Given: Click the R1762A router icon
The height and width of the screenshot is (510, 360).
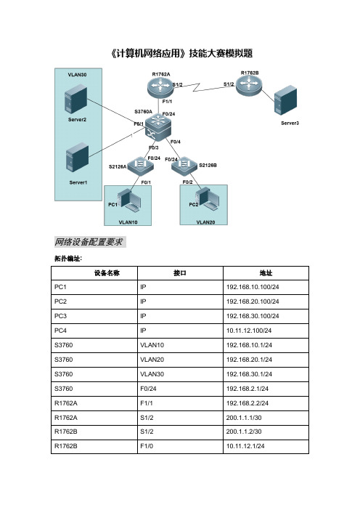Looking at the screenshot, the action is pyautogui.click(x=159, y=87).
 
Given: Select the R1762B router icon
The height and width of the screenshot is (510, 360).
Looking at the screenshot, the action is pyautogui.click(x=248, y=86).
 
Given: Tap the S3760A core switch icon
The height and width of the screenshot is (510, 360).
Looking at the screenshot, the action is pyautogui.click(x=158, y=128).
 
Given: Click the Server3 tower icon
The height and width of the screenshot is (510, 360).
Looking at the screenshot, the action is pyautogui.click(x=285, y=100).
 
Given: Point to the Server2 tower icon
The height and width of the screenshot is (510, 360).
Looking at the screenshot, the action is pyautogui.click(x=76, y=99).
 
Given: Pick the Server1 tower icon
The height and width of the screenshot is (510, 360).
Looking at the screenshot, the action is pyautogui.click(x=78, y=158).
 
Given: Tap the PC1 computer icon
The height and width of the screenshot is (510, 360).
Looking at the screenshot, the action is pyautogui.click(x=130, y=199).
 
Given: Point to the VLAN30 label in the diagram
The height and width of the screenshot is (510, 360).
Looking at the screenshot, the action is pyautogui.click(x=77, y=75).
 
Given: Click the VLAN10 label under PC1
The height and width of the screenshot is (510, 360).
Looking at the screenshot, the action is pyautogui.click(x=128, y=222).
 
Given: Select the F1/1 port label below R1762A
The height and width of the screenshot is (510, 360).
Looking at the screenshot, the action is pyautogui.click(x=167, y=102).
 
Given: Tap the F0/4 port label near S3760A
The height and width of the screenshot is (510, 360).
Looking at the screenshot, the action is pyautogui.click(x=176, y=142).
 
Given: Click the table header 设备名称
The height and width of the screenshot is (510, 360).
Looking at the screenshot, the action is pyautogui.click(x=107, y=273).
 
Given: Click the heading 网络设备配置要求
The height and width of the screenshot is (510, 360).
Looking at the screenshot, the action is pyautogui.click(x=89, y=242).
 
